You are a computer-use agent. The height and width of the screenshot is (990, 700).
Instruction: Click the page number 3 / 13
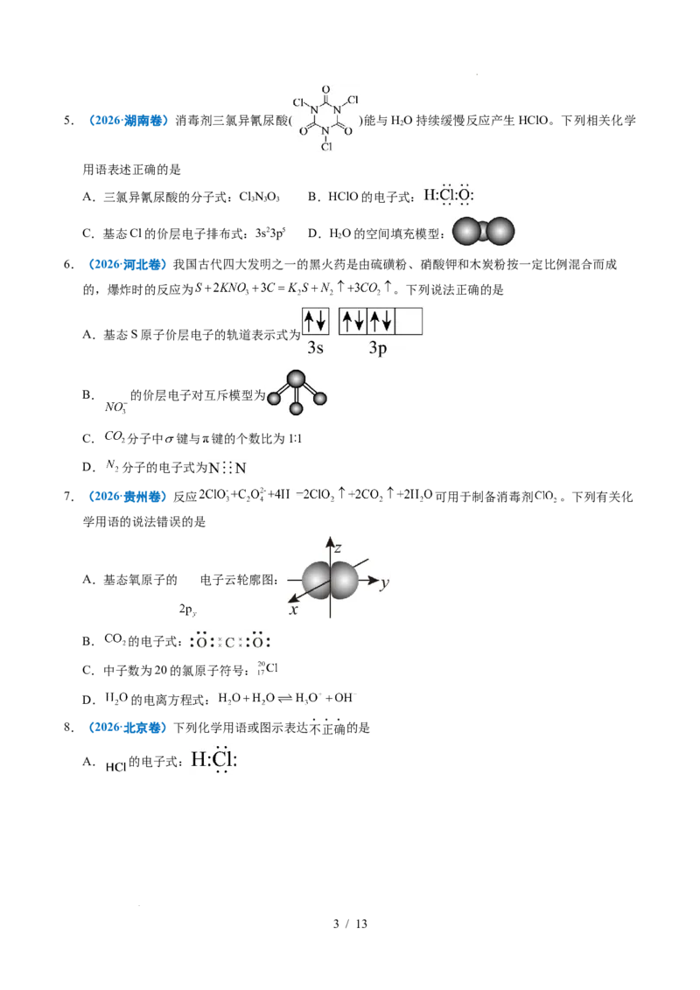(x=350, y=924)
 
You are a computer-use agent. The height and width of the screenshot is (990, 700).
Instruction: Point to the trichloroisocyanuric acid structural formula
(x=326, y=119)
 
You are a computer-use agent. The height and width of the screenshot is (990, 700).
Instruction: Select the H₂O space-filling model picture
(x=483, y=232)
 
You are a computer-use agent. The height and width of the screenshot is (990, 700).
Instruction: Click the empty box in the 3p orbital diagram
(x=408, y=321)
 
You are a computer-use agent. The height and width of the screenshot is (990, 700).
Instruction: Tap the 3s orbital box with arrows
(x=315, y=321)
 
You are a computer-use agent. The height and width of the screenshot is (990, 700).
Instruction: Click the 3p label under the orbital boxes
(x=378, y=348)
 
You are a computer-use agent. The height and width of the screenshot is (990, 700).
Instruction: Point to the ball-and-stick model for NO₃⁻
(x=297, y=392)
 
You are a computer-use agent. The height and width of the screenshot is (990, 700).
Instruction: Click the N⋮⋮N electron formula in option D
(x=227, y=468)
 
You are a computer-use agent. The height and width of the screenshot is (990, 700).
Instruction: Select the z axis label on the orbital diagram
(x=338, y=547)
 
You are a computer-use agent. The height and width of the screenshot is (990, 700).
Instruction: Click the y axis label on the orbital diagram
(x=385, y=583)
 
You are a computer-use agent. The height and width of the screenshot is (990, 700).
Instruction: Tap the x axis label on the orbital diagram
(x=293, y=610)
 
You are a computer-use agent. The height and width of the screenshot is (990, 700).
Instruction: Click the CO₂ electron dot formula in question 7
(x=230, y=641)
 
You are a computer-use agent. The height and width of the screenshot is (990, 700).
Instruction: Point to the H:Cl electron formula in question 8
(x=214, y=759)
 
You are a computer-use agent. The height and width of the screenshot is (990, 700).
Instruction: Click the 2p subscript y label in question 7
(x=187, y=610)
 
